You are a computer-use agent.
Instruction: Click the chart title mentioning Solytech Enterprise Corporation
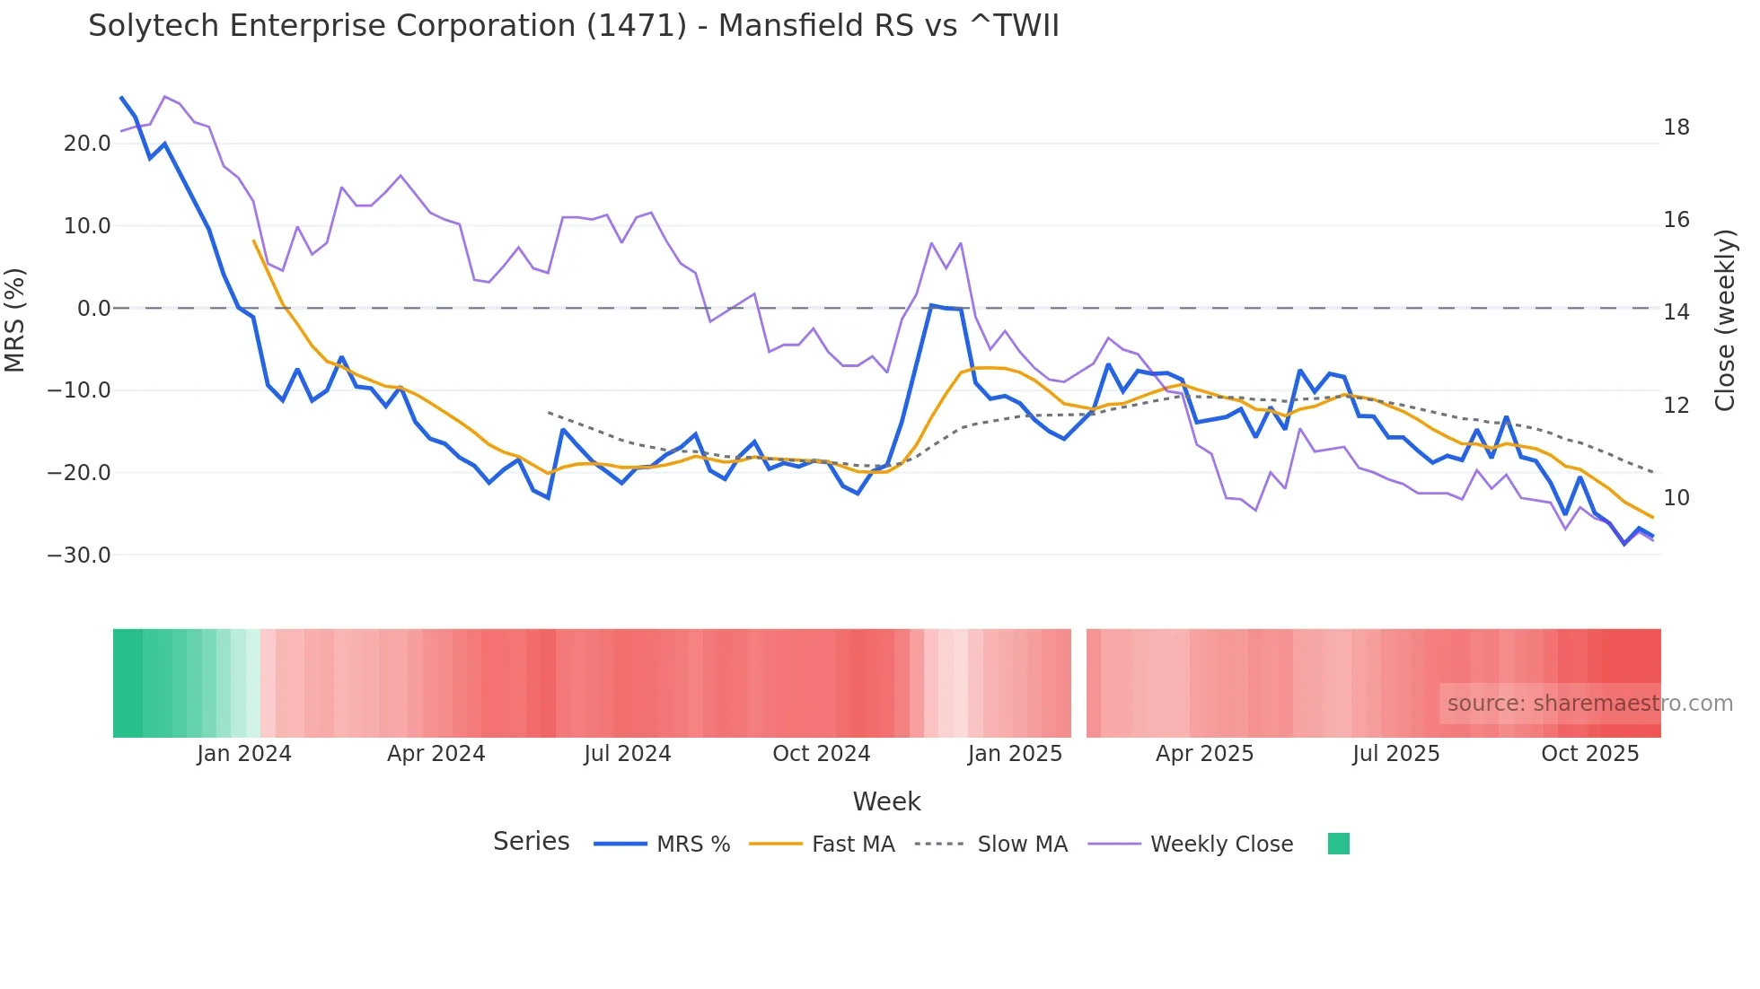click(573, 26)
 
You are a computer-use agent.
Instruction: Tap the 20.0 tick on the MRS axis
click(87, 144)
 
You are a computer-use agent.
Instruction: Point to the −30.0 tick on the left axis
click(79, 556)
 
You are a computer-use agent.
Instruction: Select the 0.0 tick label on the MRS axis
click(94, 309)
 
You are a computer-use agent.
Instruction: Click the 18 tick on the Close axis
click(1676, 127)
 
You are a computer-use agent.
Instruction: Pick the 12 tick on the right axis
click(1676, 405)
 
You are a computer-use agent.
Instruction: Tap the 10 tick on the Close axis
click(1676, 498)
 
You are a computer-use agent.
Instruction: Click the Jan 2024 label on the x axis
click(244, 754)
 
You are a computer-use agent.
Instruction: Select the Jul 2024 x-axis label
click(627, 754)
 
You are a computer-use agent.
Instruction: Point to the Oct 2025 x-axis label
click(1589, 754)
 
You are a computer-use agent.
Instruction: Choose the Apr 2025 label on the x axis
click(1204, 754)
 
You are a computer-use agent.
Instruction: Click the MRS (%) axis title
click(15, 319)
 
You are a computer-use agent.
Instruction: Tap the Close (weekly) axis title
click(1724, 320)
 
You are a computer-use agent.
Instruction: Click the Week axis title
click(886, 801)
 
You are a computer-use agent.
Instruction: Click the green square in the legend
click(1338, 844)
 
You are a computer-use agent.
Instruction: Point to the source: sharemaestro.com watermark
click(1589, 704)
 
